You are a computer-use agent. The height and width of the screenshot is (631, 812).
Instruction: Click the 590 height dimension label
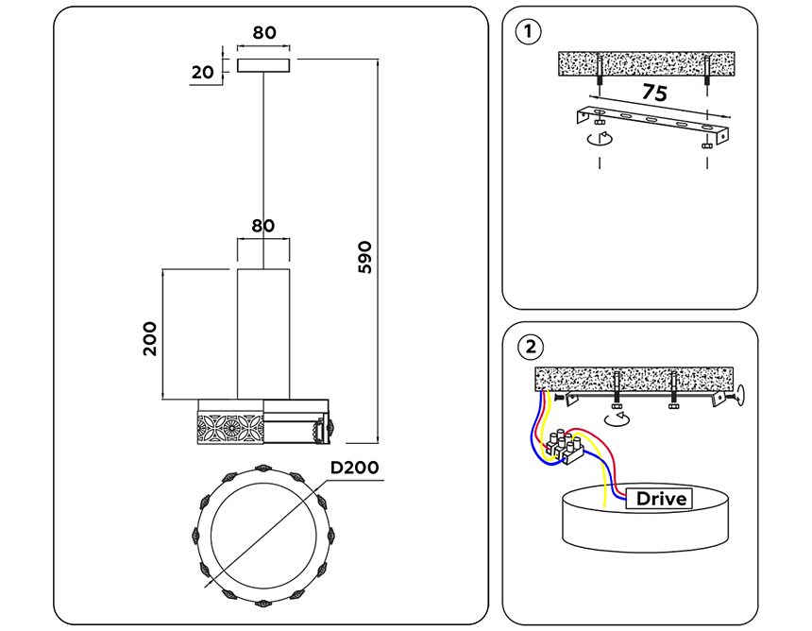pyautogui.click(x=366, y=257)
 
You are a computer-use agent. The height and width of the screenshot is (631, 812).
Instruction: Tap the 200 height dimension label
pyautogui.click(x=149, y=338)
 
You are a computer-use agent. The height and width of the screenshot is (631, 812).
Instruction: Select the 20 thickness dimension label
pyautogui.click(x=201, y=72)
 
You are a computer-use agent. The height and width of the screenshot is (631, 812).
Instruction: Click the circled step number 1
pyautogui.click(x=530, y=32)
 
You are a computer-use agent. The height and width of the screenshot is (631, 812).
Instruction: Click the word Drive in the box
pyautogui.click(x=661, y=498)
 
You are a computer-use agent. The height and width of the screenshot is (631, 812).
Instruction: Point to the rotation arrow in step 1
pyautogui.click(x=598, y=140)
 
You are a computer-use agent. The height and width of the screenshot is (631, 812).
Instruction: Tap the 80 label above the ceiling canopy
pyautogui.click(x=264, y=32)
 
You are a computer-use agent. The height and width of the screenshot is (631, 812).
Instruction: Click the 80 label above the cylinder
pyautogui.click(x=263, y=226)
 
